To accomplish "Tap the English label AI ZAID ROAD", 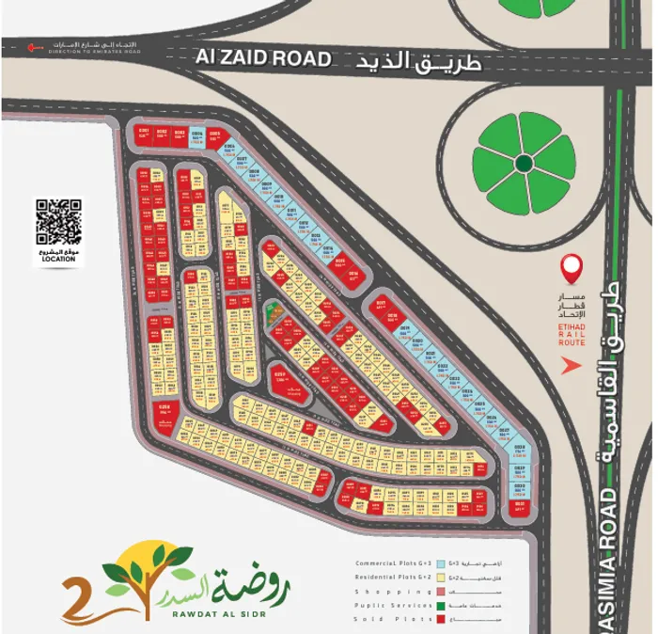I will point(263,58).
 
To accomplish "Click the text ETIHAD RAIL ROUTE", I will point(572,333).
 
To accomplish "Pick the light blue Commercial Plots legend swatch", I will point(441,562).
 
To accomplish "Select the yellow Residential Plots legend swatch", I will point(441,576).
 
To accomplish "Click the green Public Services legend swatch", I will point(441,605).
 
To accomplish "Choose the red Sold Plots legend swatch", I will point(441,619).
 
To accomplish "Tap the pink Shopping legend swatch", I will point(441,591).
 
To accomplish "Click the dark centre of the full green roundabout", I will point(524,164).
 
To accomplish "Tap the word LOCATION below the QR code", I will point(58,259).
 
